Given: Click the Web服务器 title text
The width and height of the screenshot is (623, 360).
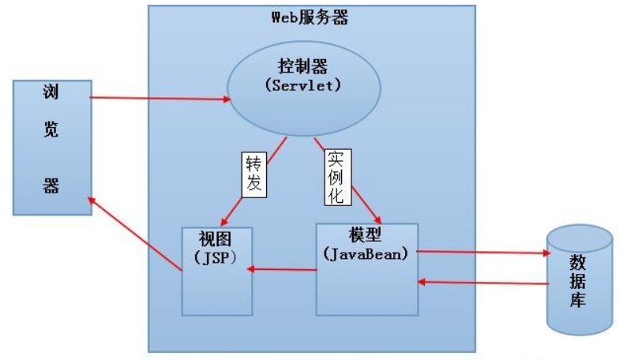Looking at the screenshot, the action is tap(310, 17).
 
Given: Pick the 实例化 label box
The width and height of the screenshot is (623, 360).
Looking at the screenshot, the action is tap(336, 178).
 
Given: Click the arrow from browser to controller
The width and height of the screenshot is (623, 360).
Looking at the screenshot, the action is tap(158, 98).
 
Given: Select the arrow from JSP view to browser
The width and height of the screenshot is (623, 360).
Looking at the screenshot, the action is tap(134, 234).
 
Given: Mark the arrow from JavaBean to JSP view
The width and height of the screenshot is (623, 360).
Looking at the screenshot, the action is tap(284, 270).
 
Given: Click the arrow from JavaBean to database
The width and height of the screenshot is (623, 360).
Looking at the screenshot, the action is tap(482, 253).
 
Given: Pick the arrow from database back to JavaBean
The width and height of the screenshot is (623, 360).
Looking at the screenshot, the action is tap(482, 282).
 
